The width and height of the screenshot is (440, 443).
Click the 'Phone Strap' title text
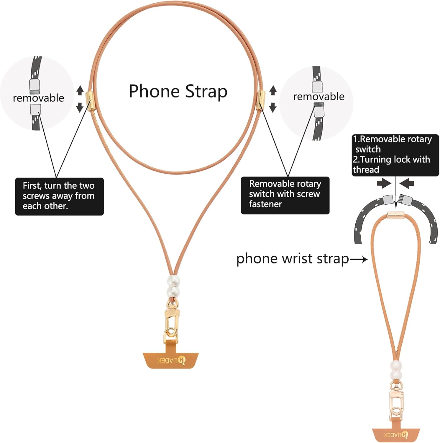pos(178,91)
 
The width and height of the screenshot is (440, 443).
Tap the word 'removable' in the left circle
pos(38,98)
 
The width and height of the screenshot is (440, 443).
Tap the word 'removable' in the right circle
pos(318,97)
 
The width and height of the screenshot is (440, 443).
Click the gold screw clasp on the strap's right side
pos(261,100)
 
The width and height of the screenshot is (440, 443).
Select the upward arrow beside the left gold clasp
pos(80,90)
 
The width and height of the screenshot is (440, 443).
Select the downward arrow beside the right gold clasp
pos(273,108)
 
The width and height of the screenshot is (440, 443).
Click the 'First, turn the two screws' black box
pos(59,196)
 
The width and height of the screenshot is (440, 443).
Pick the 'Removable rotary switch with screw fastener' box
pos(285,195)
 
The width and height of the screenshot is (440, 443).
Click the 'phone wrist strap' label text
pos(293,259)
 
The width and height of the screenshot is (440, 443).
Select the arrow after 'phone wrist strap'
pos(359,259)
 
